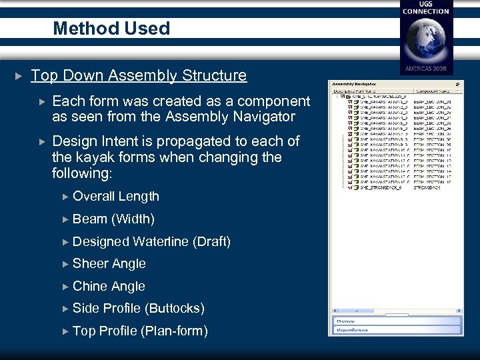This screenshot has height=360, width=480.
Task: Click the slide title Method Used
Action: [111, 29]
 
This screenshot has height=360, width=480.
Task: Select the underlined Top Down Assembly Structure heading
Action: [139, 75]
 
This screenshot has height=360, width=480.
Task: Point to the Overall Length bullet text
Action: [116, 196]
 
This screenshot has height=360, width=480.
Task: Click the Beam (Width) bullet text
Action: [113, 219]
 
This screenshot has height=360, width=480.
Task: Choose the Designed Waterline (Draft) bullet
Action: [151, 241]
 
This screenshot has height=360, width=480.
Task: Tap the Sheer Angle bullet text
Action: [109, 263]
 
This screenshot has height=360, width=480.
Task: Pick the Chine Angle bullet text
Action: [109, 286]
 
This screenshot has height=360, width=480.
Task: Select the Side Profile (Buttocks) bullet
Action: [138, 308]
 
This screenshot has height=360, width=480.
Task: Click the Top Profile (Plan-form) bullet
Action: [140, 331]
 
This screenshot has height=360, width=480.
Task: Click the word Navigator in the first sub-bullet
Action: [261, 117]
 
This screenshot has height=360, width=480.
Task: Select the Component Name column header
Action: [433, 91]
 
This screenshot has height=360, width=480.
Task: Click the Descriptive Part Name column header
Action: [357, 91]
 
